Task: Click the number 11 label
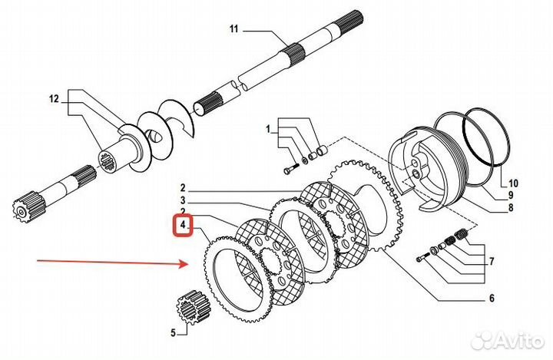234,29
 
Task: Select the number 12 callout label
53,98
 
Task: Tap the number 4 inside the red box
184,227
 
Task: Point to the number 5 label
173,332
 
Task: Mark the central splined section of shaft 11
296,55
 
